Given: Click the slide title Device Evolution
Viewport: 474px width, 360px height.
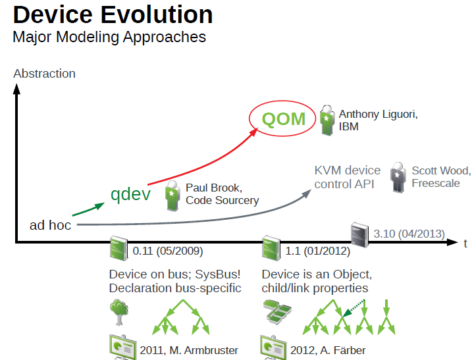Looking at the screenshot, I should pyautogui.click(x=113, y=14).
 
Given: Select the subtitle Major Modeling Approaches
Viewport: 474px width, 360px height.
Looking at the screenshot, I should pyautogui.click(x=109, y=37).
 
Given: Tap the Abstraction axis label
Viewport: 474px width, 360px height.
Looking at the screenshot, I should pyautogui.click(x=44, y=74).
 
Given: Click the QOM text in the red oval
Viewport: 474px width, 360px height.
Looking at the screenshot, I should pyautogui.click(x=284, y=119).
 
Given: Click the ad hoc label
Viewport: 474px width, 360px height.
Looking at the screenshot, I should pyautogui.click(x=50, y=225).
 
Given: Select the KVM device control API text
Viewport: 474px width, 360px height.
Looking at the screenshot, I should pyautogui.click(x=348, y=178).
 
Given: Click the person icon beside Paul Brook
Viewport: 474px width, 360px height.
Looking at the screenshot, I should pyautogui.click(x=172, y=194).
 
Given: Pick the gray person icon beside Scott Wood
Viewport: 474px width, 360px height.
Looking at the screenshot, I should pyautogui.click(x=398, y=177).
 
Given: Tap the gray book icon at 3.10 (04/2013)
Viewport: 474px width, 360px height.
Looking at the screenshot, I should pyautogui.click(x=359, y=233).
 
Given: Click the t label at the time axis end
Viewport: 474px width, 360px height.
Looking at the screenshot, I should pyautogui.click(x=465, y=244).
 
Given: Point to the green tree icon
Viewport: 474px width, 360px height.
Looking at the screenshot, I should pyautogui.click(x=119, y=312).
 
